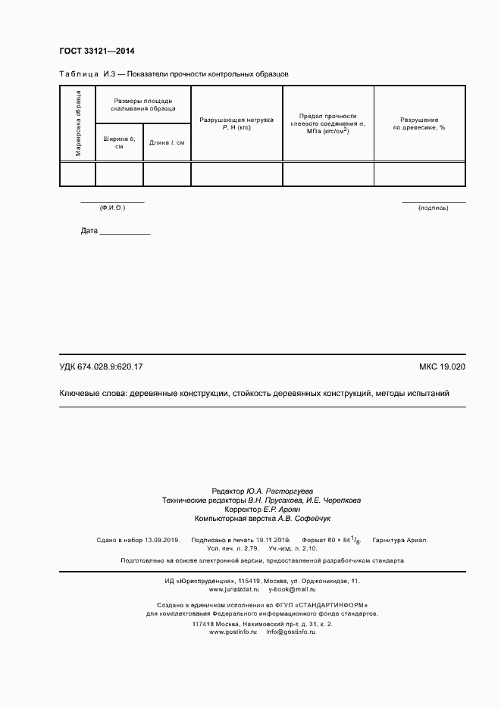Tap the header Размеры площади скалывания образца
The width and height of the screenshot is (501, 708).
click(143, 104)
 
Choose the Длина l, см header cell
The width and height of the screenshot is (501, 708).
click(167, 142)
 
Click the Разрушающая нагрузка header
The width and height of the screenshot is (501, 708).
click(236, 124)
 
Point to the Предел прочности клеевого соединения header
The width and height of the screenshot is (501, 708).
click(327, 123)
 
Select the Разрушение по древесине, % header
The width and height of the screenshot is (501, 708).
click(419, 124)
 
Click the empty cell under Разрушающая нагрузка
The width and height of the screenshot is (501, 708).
click(236, 173)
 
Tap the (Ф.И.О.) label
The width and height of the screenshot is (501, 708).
click(112, 207)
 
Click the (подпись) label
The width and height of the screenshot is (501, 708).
click(434, 207)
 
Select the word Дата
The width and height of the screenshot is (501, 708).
click(89, 231)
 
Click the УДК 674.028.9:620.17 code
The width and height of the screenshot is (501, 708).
click(101, 367)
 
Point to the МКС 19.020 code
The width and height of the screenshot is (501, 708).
click(442, 367)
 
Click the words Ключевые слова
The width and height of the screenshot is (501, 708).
click(92, 394)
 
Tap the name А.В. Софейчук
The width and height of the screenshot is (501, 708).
click(304, 519)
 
